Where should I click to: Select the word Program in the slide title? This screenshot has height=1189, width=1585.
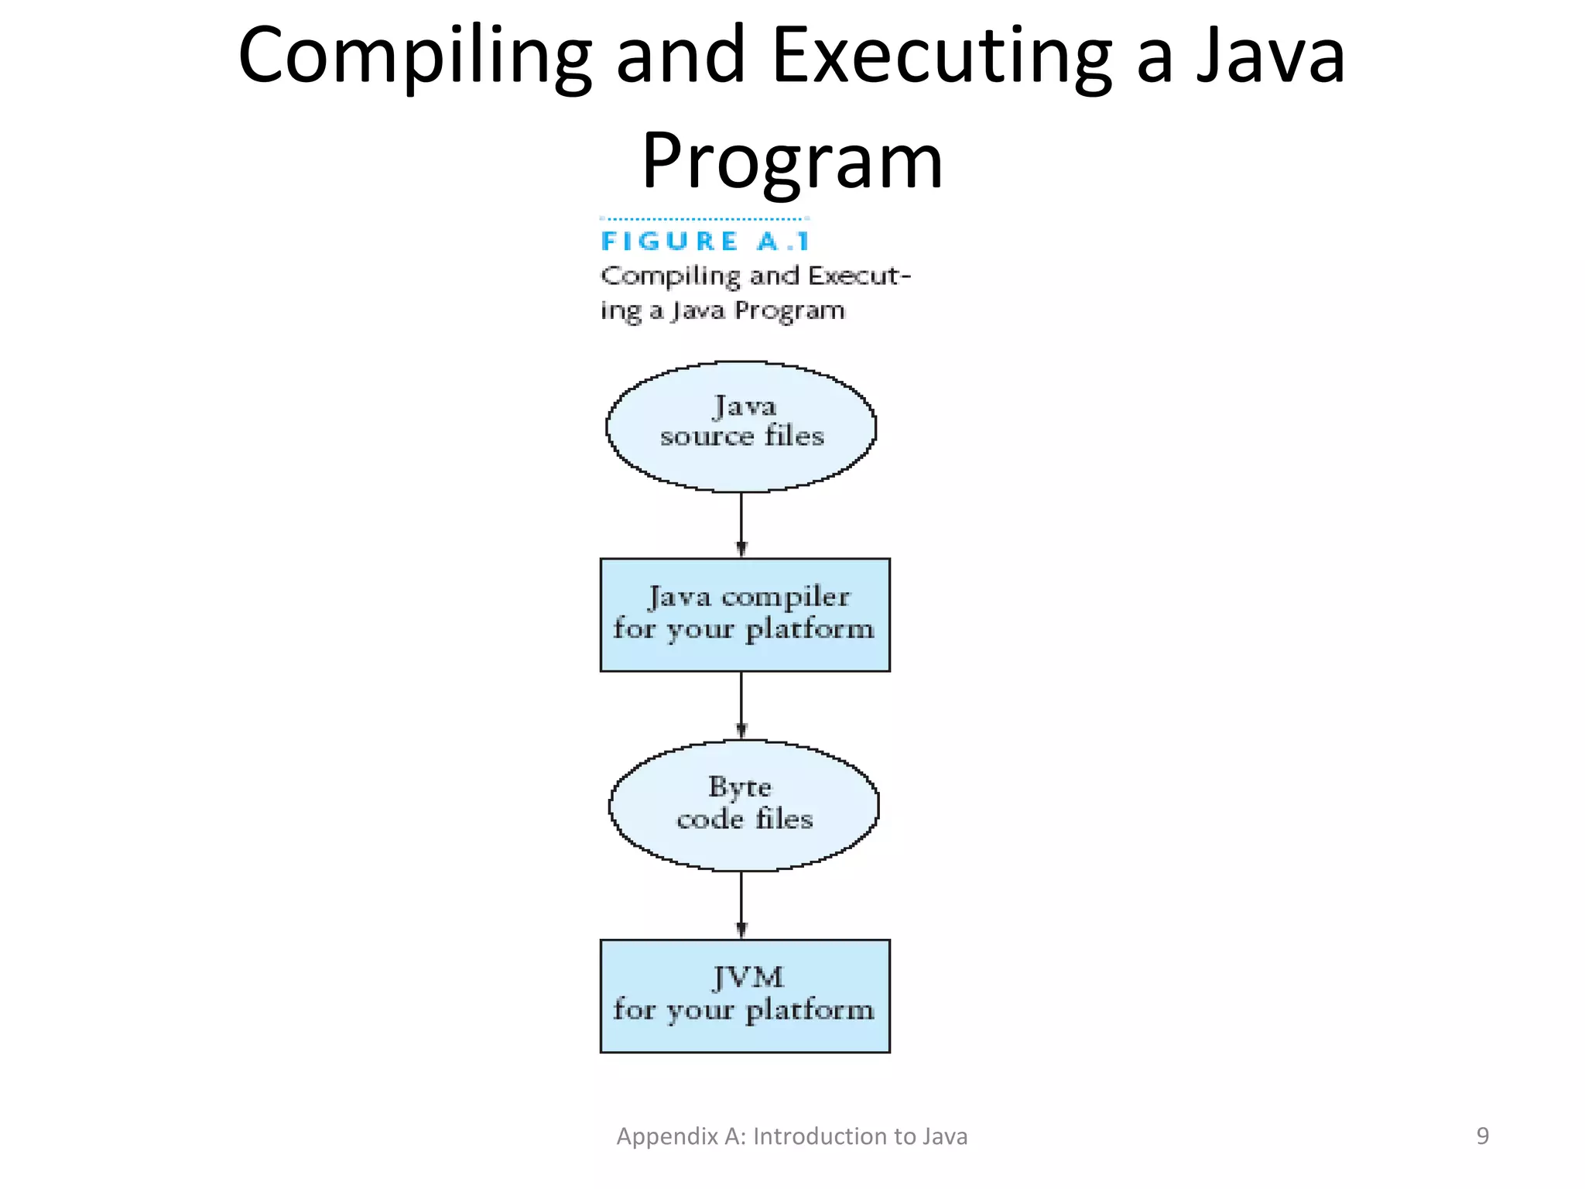point(792,160)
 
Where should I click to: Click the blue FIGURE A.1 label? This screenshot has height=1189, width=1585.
point(705,242)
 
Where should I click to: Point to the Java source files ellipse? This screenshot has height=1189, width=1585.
point(741,426)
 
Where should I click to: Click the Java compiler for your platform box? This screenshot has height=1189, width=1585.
point(745,615)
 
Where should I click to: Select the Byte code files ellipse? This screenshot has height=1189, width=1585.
point(744,805)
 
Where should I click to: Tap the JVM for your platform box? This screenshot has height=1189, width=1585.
point(745,995)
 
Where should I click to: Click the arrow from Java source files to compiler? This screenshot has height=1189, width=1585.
point(741,525)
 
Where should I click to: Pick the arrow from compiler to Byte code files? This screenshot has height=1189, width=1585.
point(741,705)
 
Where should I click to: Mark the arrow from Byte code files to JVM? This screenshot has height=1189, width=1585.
point(741,905)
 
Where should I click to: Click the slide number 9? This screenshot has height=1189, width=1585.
point(1482,1136)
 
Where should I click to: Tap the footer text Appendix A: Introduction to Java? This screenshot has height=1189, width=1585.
point(792,1136)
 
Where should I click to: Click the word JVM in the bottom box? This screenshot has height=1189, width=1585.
point(748,978)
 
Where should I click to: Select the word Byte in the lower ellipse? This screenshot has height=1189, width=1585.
point(740,787)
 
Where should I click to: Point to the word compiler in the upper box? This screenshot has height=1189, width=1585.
point(786,597)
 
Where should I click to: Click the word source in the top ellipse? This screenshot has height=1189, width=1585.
point(707,437)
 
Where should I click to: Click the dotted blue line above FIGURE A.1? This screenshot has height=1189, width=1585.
point(704,219)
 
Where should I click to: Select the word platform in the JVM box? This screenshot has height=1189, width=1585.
point(810,1010)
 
